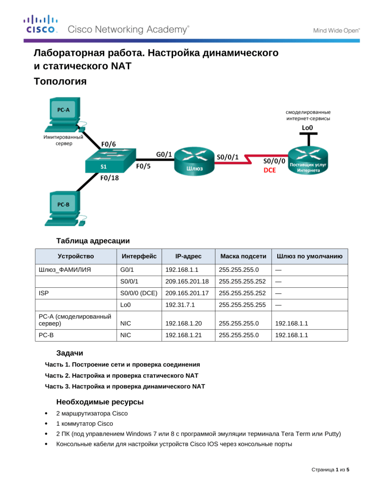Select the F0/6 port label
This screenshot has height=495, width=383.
[109, 144]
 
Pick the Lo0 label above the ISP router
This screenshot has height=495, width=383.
[307, 128]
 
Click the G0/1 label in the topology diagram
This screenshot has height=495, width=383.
[164, 154]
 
